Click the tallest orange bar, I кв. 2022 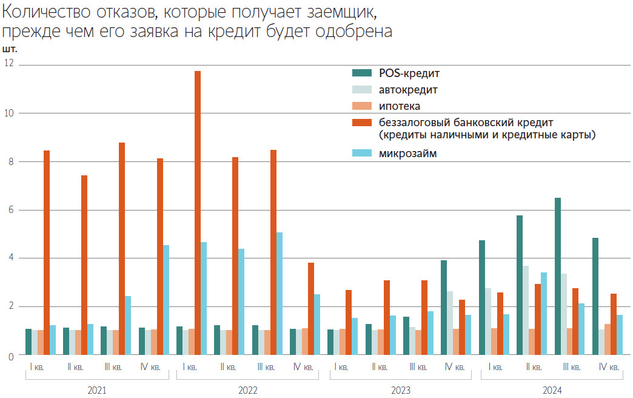[x=198, y=212]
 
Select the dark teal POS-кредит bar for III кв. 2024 [x=558, y=276]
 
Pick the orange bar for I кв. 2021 [x=47, y=252]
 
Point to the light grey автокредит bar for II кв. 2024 [x=526, y=310]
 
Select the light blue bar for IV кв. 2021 [x=166, y=300]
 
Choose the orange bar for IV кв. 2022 [x=311, y=309]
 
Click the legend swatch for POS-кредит [x=362, y=73]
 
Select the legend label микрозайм [x=407, y=154]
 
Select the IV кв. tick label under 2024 [x=608, y=367]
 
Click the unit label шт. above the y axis [x=10, y=49]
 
